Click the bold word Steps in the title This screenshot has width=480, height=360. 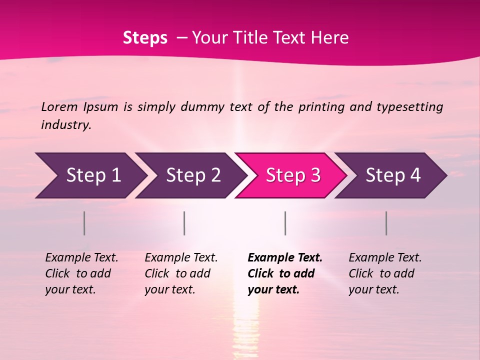[x=145, y=38]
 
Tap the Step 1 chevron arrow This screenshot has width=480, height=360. [x=90, y=175]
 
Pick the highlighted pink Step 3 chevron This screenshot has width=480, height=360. [x=291, y=175]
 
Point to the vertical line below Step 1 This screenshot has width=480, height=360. [x=84, y=223]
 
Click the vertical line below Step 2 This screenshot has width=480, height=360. [x=184, y=223]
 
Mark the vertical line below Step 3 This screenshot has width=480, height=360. [x=285, y=223]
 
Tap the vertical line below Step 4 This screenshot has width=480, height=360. [x=386, y=223]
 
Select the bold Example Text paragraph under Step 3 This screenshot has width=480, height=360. [x=285, y=273]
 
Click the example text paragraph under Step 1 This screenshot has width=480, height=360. [x=81, y=273]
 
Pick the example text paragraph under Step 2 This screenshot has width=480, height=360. [x=181, y=273]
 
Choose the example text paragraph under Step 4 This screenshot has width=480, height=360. [x=385, y=273]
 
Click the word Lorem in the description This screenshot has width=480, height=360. [x=59, y=106]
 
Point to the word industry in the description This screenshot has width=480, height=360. [x=66, y=124]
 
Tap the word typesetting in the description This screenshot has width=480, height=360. [x=409, y=107]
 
